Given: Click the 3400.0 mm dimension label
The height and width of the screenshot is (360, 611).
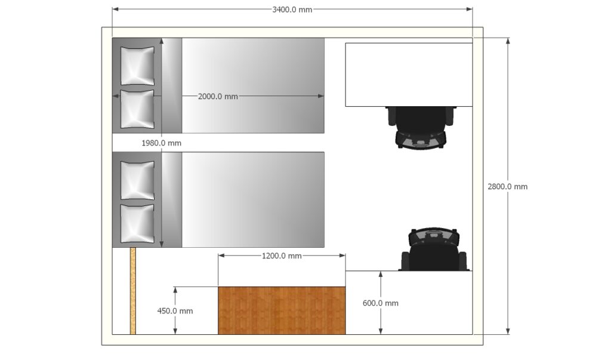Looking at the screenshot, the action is pos(292,10).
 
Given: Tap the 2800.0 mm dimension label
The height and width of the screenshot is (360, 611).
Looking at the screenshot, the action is pos(507,186).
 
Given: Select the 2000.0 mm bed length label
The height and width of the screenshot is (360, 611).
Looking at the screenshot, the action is pos(218,96).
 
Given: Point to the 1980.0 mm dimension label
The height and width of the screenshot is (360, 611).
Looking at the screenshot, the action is pos(161,143).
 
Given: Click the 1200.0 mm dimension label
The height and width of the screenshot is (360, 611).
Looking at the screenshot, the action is pos(282,256).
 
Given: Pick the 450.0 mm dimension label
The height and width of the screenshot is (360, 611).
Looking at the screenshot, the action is pos(175,311).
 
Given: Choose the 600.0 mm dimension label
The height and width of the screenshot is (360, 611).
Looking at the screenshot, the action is pos(380,303).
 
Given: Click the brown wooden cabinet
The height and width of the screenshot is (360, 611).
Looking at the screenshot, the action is pos(282,310).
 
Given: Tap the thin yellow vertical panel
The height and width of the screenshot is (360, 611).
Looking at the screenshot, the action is pos(133,291).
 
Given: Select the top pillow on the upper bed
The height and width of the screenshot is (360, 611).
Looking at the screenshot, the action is pos(137,66).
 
